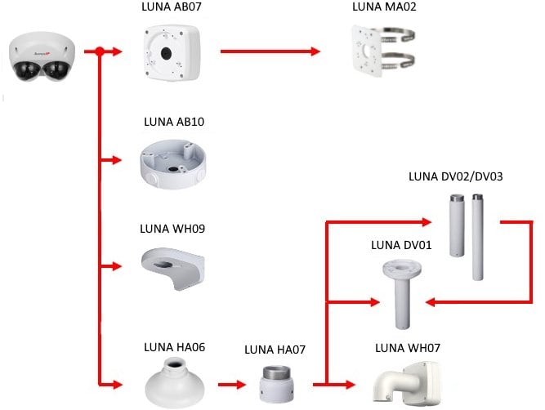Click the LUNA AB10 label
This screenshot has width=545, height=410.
[x=174, y=122]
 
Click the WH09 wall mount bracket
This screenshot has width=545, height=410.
[x=174, y=268]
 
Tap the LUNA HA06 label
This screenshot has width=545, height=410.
[x=174, y=346]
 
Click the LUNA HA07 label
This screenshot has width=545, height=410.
[x=275, y=350]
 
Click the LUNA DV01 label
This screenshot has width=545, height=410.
[x=401, y=244]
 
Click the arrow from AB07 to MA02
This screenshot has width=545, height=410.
[x=270, y=51]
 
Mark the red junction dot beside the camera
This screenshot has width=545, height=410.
[x=99, y=51]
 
